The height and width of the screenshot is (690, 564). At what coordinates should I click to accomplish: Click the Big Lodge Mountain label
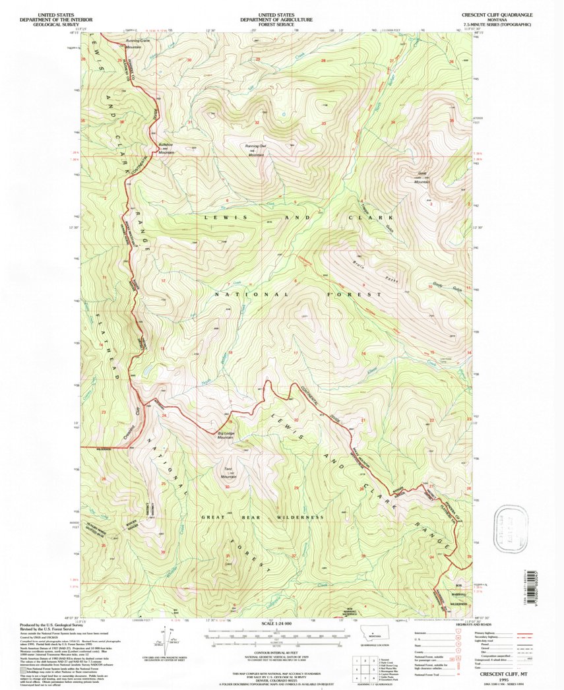pyautogui.click(x=226, y=435)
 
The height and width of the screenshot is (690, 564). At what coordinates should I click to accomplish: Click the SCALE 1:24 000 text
pyautogui.click(x=282, y=623)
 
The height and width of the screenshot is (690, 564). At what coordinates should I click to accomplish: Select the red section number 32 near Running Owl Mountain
pyautogui.click(x=257, y=123)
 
